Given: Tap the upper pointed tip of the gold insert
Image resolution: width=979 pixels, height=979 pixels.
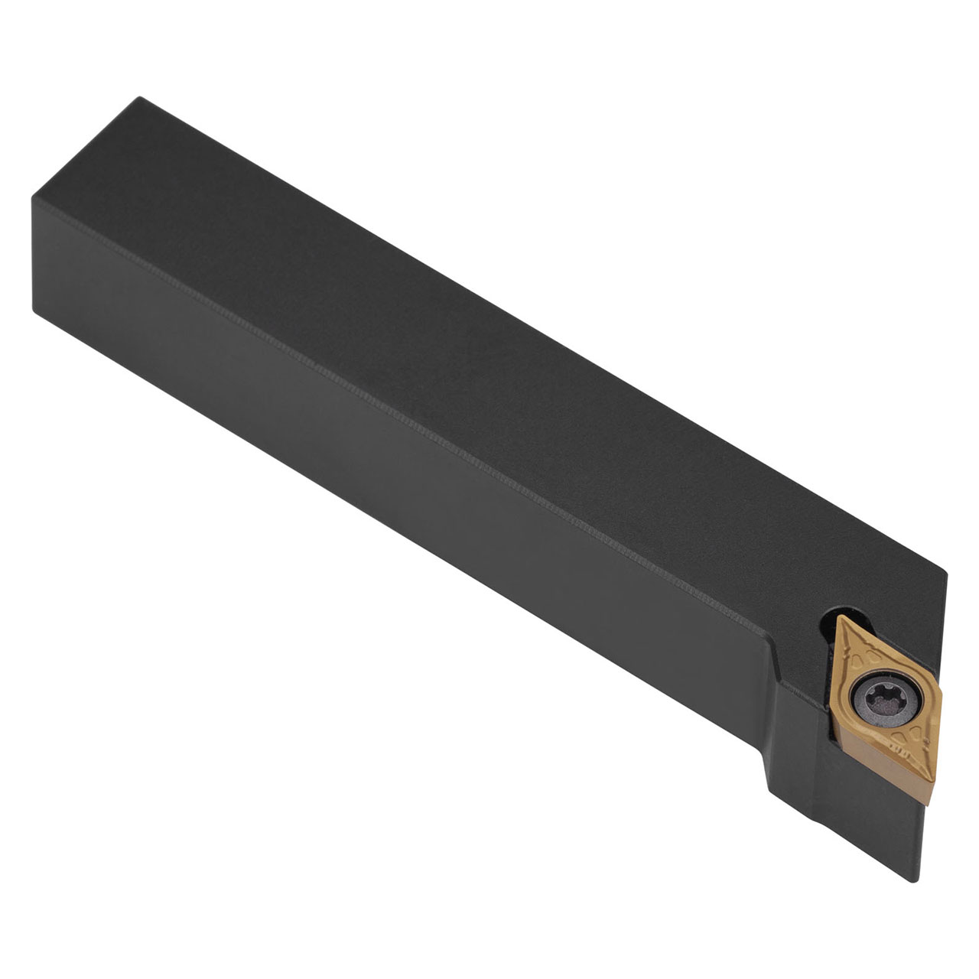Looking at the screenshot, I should click(x=839, y=617).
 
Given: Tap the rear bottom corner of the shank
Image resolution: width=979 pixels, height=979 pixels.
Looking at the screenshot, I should click(x=34, y=309).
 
